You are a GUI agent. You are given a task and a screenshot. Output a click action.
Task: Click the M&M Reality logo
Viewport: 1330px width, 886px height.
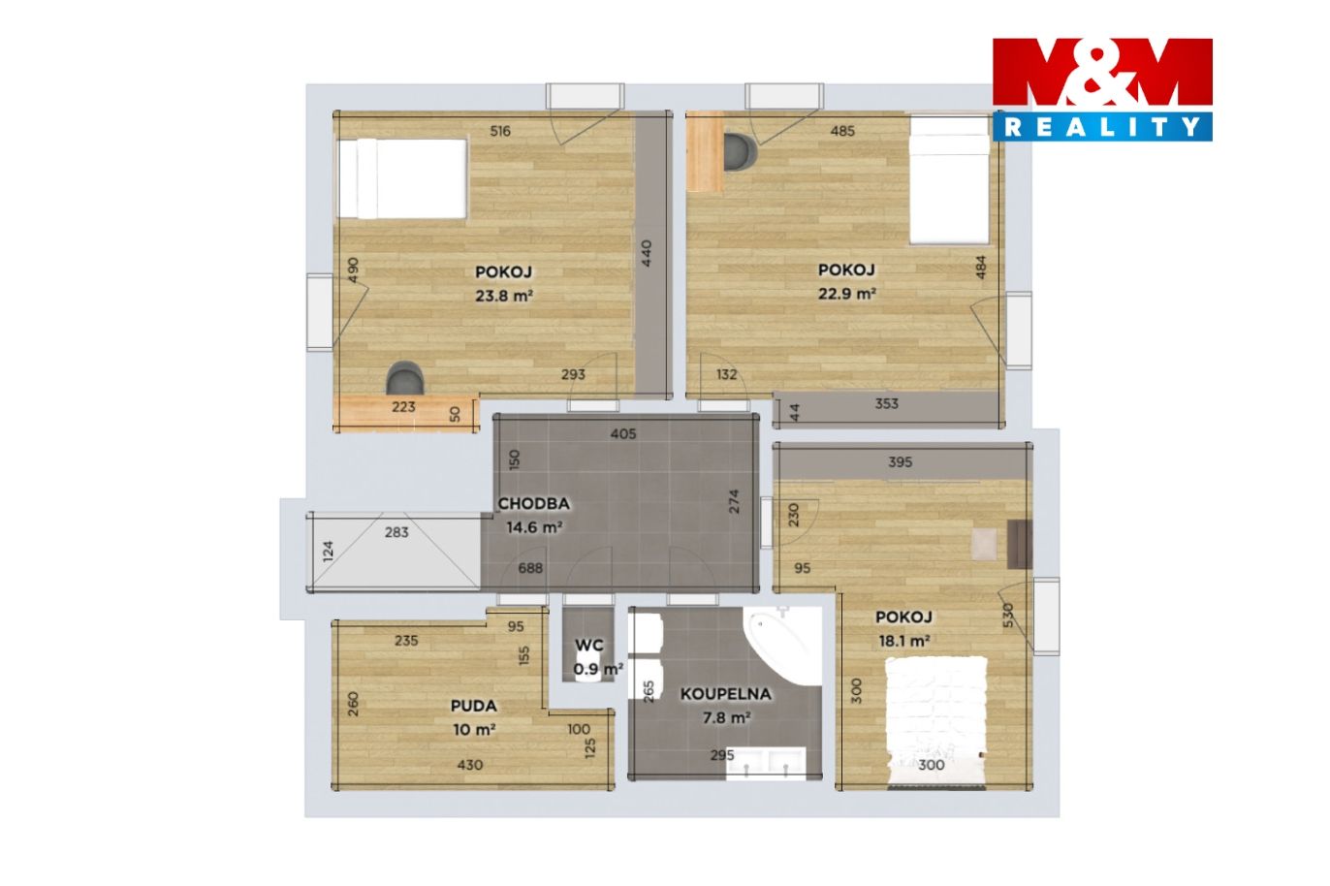[1102, 89]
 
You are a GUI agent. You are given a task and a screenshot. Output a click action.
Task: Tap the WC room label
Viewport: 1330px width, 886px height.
[589, 645]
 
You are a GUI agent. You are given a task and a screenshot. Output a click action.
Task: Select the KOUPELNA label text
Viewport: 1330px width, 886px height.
[725, 694]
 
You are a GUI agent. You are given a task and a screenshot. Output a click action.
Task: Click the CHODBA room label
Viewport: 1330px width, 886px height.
[534, 503]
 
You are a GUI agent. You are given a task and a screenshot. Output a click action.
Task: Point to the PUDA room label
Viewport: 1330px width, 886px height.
[473, 706]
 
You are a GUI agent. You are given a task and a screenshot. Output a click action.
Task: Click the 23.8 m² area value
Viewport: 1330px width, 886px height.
[503, 295]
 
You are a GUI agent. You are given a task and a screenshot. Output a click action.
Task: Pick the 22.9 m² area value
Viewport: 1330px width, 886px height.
[846, 294]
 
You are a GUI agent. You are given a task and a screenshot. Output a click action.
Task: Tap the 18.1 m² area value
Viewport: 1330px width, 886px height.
[903, 642]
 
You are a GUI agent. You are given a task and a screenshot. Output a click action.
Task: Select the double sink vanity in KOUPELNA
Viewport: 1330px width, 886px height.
[766, 763]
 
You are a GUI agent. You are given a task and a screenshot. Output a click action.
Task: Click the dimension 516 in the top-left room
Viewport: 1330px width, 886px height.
[500, 131]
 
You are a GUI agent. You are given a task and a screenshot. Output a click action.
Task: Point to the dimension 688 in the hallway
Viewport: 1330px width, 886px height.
[530, 568]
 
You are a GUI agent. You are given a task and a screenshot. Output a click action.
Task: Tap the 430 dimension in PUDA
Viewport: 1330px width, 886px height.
[469, 765]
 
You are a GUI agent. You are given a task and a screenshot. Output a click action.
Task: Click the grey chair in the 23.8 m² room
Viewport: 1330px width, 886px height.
[405, 378]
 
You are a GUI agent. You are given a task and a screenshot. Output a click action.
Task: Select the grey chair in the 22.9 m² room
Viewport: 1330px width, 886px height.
[741, 152]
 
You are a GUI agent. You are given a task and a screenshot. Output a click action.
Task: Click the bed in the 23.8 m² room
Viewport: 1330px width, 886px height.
[402, 178]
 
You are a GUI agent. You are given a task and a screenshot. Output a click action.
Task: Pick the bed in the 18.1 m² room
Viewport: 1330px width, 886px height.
[936, 723]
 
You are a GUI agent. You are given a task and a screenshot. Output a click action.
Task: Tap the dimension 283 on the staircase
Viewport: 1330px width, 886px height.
[396, 532]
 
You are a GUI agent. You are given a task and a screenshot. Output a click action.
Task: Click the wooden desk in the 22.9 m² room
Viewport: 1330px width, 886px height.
[706, 151]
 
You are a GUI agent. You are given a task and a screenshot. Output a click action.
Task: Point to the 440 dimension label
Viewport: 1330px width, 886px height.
[647, 253]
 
